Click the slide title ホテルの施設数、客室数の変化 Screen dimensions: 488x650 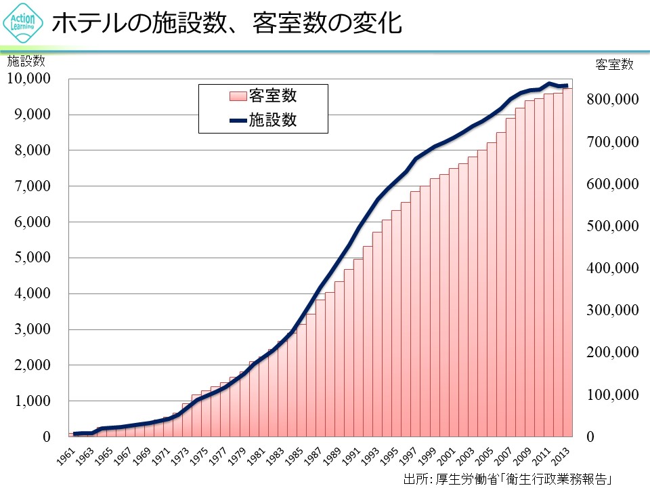click(x=227, y=24)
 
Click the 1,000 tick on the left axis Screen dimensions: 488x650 click(x=32, y=402)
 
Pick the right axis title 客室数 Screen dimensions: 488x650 click(x=614, y=64)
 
